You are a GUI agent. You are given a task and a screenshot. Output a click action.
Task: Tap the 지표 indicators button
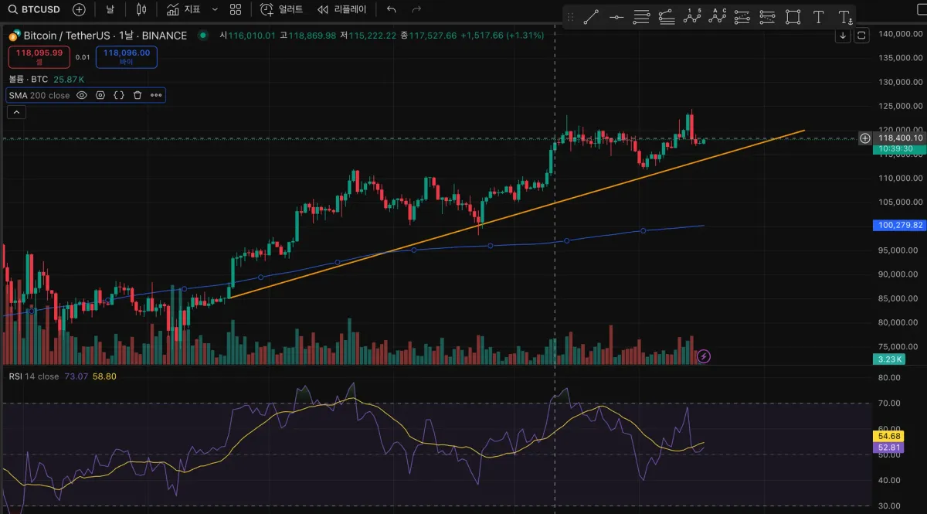(183, 9)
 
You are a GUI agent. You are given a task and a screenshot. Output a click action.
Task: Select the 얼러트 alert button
(282, 9)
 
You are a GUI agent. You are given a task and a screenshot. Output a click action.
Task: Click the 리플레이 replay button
(341, 9)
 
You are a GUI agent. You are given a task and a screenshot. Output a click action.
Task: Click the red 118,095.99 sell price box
(39, 56)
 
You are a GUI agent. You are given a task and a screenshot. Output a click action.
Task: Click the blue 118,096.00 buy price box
(126, 56)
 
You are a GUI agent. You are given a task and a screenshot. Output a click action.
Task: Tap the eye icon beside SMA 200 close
(82, 95)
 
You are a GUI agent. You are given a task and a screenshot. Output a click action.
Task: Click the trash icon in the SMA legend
(138, 95)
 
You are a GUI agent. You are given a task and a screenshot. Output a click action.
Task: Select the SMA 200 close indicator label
(39, 95)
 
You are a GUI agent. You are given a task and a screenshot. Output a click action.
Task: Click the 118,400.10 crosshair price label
(899, 138)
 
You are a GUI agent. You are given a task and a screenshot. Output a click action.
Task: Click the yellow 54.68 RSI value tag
(886, 436)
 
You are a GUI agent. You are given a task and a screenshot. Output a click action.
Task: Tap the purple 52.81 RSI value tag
(886, 448)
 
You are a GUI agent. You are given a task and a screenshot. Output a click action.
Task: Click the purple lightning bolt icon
(704, 356)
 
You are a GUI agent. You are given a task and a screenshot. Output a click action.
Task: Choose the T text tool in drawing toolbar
(819, 17)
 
